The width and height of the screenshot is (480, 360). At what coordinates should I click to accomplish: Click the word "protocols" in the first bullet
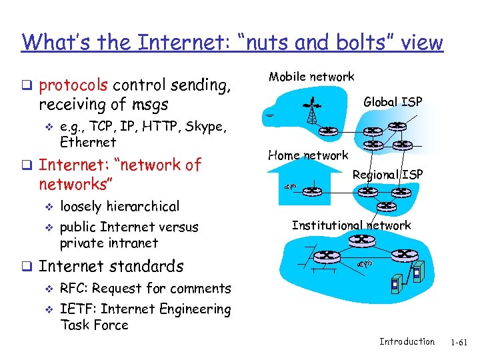[74, 85]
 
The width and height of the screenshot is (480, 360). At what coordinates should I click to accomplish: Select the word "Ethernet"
[88, 142]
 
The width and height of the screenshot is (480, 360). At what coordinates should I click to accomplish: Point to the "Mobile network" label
[311, 77]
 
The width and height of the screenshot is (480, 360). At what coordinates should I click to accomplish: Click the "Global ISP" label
[393, 102]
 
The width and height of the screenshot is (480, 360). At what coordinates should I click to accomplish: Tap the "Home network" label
[308, 155]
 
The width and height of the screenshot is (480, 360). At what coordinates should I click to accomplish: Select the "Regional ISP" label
[387, 175]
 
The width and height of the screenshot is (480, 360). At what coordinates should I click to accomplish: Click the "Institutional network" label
[351, 225]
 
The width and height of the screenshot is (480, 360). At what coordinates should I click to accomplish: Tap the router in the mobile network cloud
[327, 131]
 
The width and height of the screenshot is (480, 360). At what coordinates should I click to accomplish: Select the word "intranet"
[134, 243]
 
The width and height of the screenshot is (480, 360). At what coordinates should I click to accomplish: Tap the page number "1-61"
[459, 343]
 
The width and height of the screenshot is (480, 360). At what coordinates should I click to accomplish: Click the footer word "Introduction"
[407, 342]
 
